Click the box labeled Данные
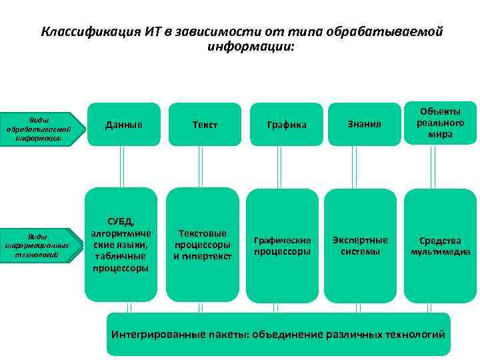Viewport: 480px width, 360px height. pyautogui.click(x=123, y=124)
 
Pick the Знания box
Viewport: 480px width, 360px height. pyautogui.click(x=364, y=124)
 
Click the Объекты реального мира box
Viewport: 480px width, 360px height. pyautogui.click(x=441, y=122)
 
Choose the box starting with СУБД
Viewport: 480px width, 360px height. pyautogui.click(x=121, y=245)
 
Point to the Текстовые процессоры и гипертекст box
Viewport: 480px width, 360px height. pyautogui.click(x=203, y=245)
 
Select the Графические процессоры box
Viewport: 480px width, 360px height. pyautogui.click(x=283, y=246)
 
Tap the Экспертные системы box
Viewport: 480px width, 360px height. pyautogui.click(x=361, y=245)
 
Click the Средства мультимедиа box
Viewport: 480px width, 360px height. pyautogui.click(x=440, y=246)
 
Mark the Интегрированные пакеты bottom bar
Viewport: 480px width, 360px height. pyautogui.click(x=278, y=334)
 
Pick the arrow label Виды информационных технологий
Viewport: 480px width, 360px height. pyautogui.click(x=38, y=246)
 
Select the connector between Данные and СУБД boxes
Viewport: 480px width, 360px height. pyautogui.click(x=121, y=166)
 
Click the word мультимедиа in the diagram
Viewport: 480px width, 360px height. pyautogui.click(x=440, y=252)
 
